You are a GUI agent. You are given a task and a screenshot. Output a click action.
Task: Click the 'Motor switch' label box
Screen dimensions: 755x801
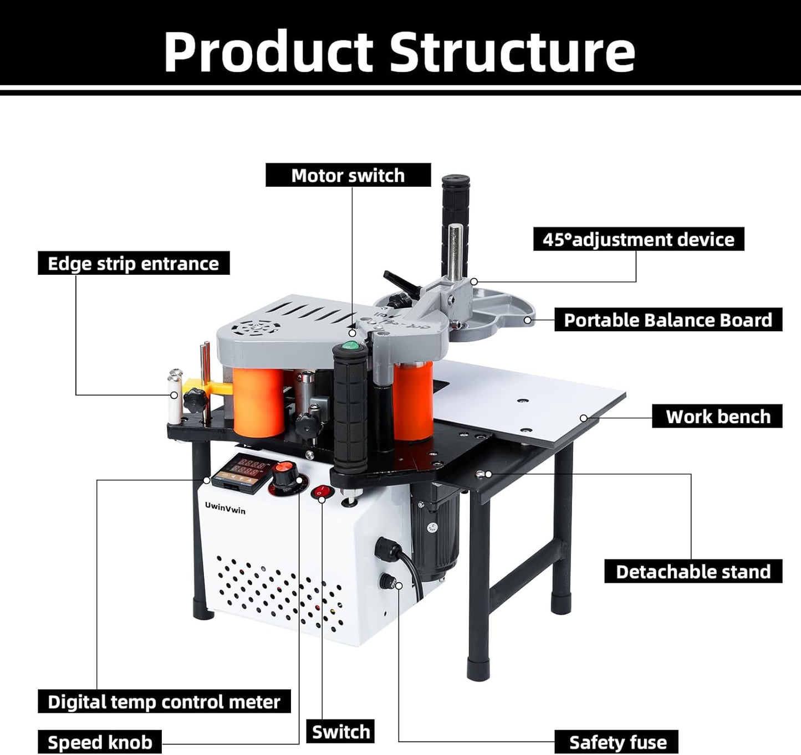[348, 175]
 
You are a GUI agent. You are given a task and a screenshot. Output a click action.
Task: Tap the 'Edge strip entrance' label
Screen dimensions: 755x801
[134, 263]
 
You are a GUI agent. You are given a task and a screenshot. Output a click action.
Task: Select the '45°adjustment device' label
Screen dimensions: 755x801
[638, 239]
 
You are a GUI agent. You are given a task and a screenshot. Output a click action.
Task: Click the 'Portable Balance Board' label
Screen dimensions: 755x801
[668, 320]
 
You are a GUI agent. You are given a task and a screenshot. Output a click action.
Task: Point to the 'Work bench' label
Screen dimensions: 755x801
[717, 416]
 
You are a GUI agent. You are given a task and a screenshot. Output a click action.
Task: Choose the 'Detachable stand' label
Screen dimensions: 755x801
[693, 571]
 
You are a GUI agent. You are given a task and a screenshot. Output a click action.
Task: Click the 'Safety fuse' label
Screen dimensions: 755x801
[618, 742]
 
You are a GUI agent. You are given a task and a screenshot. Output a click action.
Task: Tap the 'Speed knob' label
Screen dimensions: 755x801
[100, 742]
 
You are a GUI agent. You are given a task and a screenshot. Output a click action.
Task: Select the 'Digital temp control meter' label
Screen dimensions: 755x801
[164, 702]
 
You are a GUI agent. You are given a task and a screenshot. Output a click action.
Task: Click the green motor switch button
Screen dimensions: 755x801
[350, 346]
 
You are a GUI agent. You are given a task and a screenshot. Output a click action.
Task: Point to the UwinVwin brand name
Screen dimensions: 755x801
[225, 507]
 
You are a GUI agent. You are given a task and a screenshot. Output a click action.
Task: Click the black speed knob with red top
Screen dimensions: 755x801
[284, 475]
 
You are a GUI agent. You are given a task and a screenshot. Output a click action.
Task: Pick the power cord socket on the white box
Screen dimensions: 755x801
[387, 550]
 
